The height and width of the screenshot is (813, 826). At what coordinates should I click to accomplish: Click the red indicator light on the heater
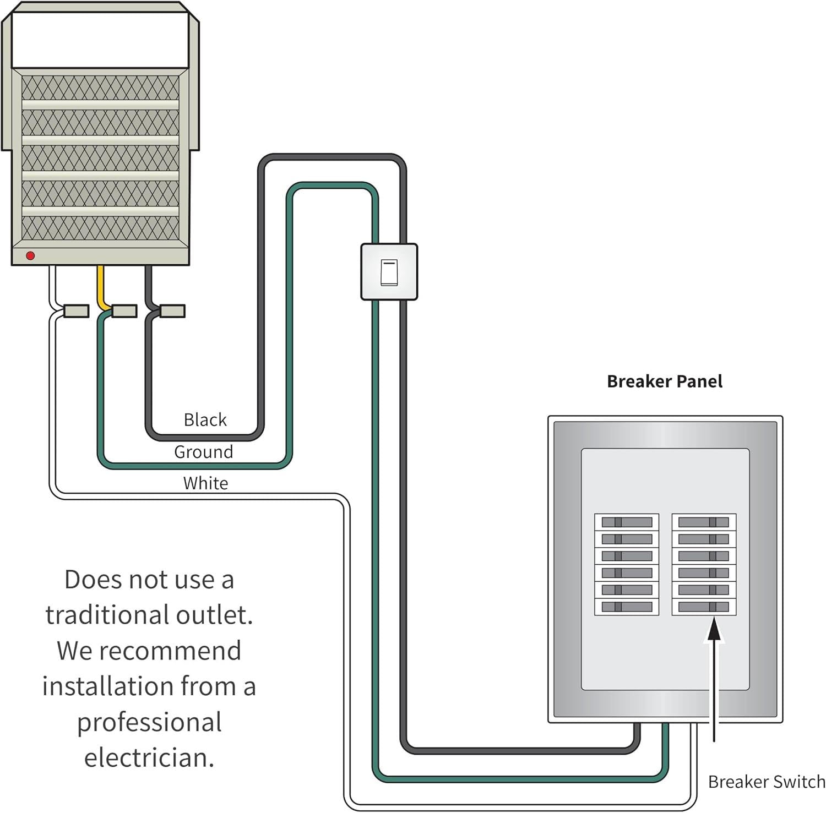coord(30,255)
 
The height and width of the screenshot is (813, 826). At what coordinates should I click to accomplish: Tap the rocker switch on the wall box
coord(389,272)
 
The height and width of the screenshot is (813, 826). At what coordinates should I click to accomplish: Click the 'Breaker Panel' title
coord(664,381)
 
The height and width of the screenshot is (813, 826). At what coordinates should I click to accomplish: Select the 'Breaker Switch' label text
coord(766,782)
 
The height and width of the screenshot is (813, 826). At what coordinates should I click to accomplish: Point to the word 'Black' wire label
coord(205,420)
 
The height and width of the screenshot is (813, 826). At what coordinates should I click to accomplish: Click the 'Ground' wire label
coord(203,452)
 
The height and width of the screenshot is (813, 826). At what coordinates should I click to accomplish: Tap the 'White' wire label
coord(205,483)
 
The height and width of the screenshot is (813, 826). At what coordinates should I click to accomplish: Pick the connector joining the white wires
coord(76,311)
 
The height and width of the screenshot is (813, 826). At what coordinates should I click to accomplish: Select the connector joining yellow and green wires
coord(124,311)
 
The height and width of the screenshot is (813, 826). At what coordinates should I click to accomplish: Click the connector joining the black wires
coord(172,311)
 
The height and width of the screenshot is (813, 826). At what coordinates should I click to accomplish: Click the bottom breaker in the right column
coord(704,607)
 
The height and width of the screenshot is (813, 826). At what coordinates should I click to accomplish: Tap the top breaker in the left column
coord(627,522)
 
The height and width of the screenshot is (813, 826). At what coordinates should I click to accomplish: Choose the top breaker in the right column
coord(704,522)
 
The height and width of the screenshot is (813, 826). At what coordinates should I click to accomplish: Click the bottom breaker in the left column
coord(627,607)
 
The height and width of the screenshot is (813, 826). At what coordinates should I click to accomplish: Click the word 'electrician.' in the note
coord(149,757)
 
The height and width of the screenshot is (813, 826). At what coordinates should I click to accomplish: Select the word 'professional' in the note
coord(149,722)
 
